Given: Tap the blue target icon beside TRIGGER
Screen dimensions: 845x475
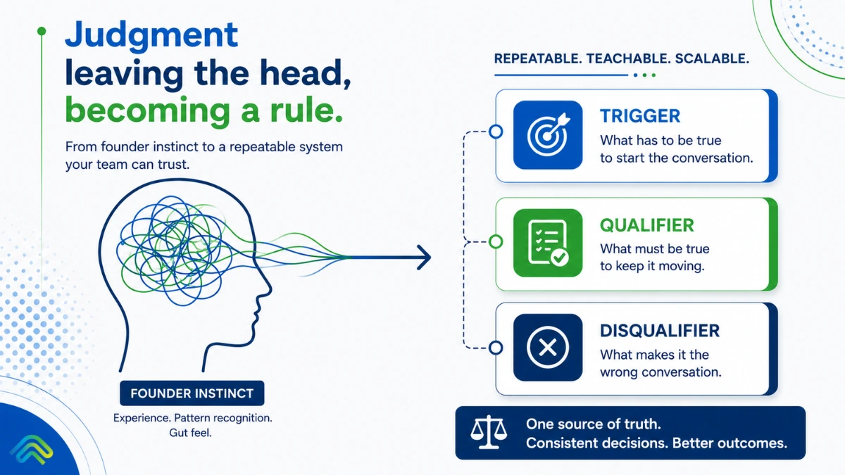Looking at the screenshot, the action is click(x=548, y=134).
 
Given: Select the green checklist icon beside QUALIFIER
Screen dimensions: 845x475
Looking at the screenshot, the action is click(x=548, y=243).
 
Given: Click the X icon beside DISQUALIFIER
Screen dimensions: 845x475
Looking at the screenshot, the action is click(x=548, y=347).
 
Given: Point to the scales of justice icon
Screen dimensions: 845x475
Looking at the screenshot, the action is click(x=489, y=432).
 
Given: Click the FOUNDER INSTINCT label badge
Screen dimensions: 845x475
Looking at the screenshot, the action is click(x=192, y=393).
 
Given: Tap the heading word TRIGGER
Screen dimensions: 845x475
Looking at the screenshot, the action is click(x=640, y=115).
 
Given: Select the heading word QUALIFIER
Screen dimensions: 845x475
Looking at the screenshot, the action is click(x=647, y=225).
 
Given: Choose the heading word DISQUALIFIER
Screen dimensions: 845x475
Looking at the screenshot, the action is click(x=660, y=331).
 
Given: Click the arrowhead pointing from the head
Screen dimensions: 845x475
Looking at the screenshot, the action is click(x=425, y=257).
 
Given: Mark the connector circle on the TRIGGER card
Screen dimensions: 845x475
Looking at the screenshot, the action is click(x=496, y=132).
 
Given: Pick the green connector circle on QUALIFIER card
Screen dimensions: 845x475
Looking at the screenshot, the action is click(x=496, y=241).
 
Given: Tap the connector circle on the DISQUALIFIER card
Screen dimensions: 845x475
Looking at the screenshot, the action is click(x=496, y=348).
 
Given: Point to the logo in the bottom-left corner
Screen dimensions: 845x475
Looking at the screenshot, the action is click(x=32, y=450).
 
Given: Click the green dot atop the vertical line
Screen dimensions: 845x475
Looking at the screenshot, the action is click(x=42, y=31).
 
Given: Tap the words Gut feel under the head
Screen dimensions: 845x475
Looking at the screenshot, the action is click(x=191, y=433).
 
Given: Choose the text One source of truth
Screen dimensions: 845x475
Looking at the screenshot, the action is click(x=594, y=424).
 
